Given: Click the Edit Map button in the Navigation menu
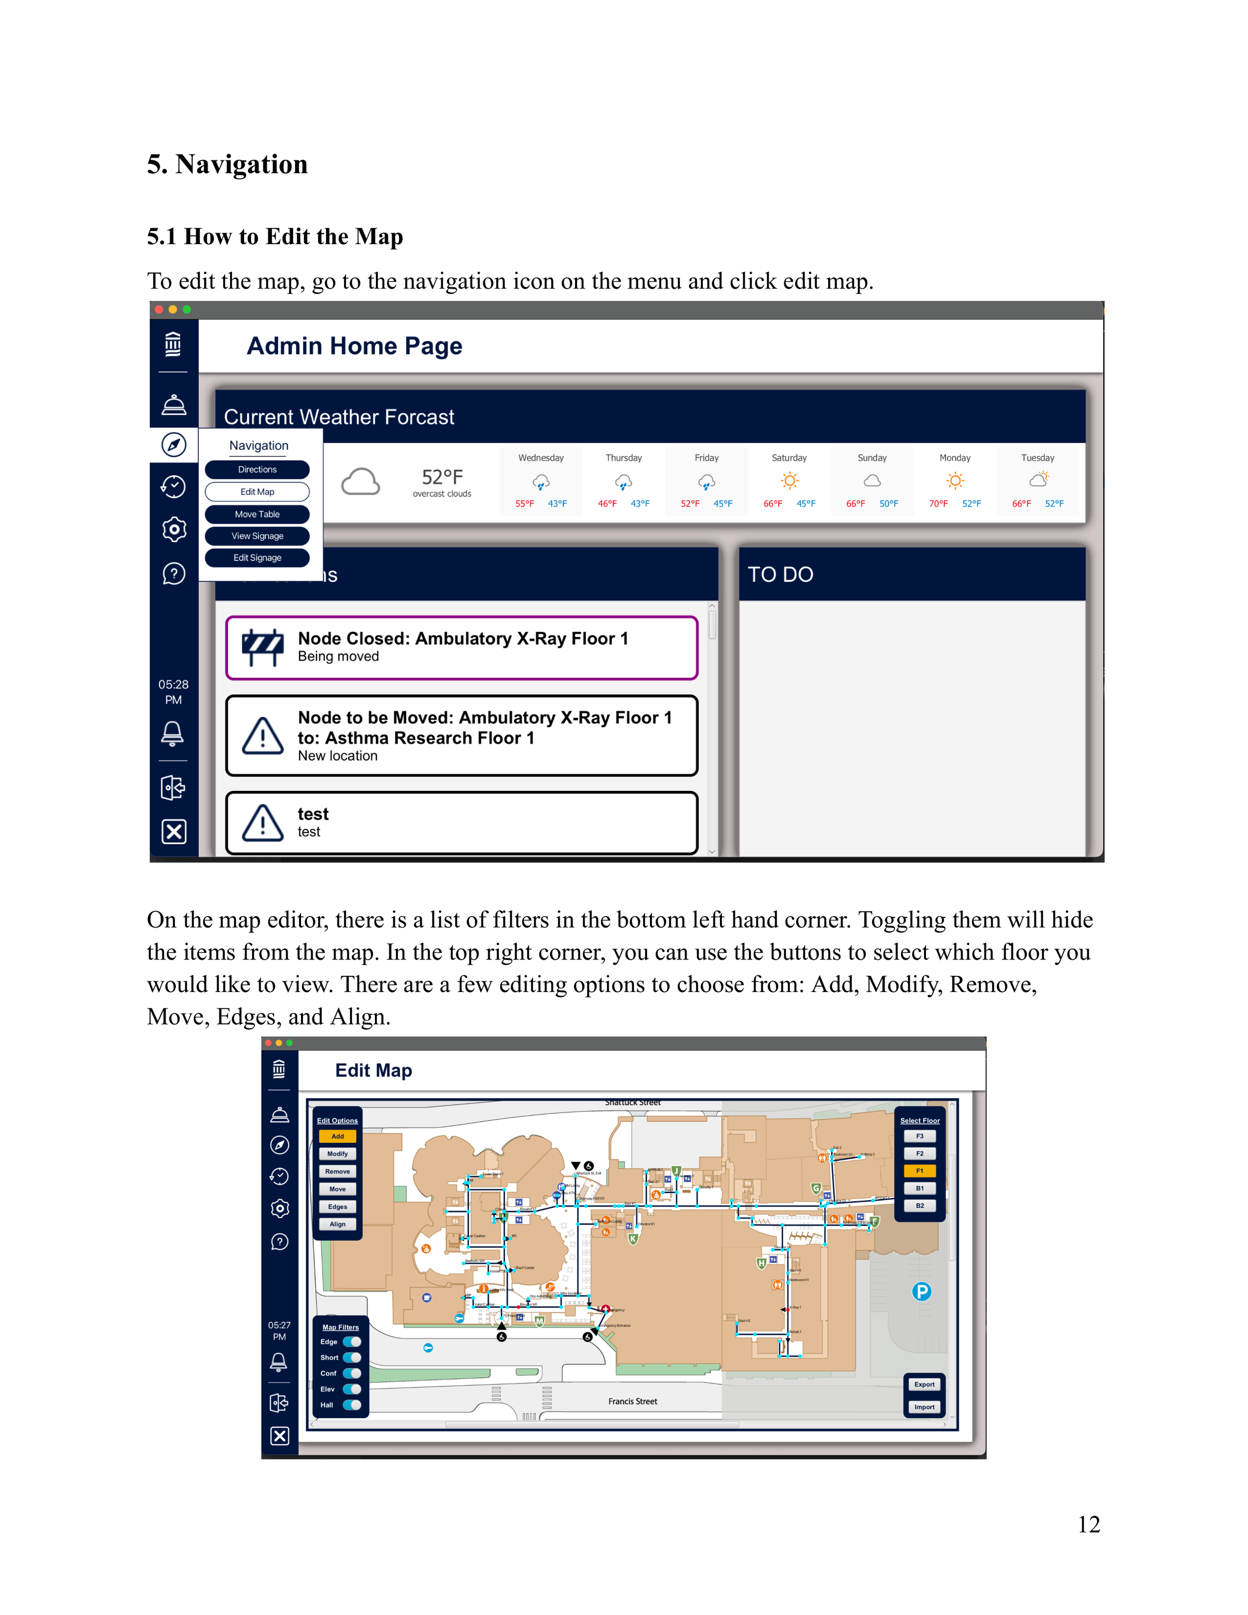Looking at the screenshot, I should pyautogui.click(x=257, y=492).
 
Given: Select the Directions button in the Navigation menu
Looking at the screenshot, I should pyautogui.click(x=257, y=470).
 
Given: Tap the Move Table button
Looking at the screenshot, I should pyautogui.click(x=257, y=514).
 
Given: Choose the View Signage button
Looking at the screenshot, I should pyautogui.click(x=257, y=536).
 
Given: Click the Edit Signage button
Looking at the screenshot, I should pyautogui.click(x=257, y=558).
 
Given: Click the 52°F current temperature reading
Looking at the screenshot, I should pyautogui.click(x=442, y=477).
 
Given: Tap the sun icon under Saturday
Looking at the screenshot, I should pyautogui.click(x=790, y=481).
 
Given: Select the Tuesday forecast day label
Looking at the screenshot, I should pyautogui.click(x=1037, y=458).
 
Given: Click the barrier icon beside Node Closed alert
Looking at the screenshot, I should pyautogui.click(x=263, y=647).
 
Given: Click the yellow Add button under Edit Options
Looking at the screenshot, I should pyautogui.click(x=337, y=1136).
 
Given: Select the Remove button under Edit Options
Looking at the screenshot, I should pyautogui.click(x=337, y=1171).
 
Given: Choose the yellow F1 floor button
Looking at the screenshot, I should pyautogui.click(x=920, y=1171).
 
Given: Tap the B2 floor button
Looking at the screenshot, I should pyautogui.click(x=920, y=1205).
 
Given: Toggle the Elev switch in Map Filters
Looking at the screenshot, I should pyautogui.click(x=352, y=1389).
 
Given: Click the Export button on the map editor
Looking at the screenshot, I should pyautogui.click(x=924, y=1384).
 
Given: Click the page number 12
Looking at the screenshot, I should pyautogui.click(x=1088, y=1524).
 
